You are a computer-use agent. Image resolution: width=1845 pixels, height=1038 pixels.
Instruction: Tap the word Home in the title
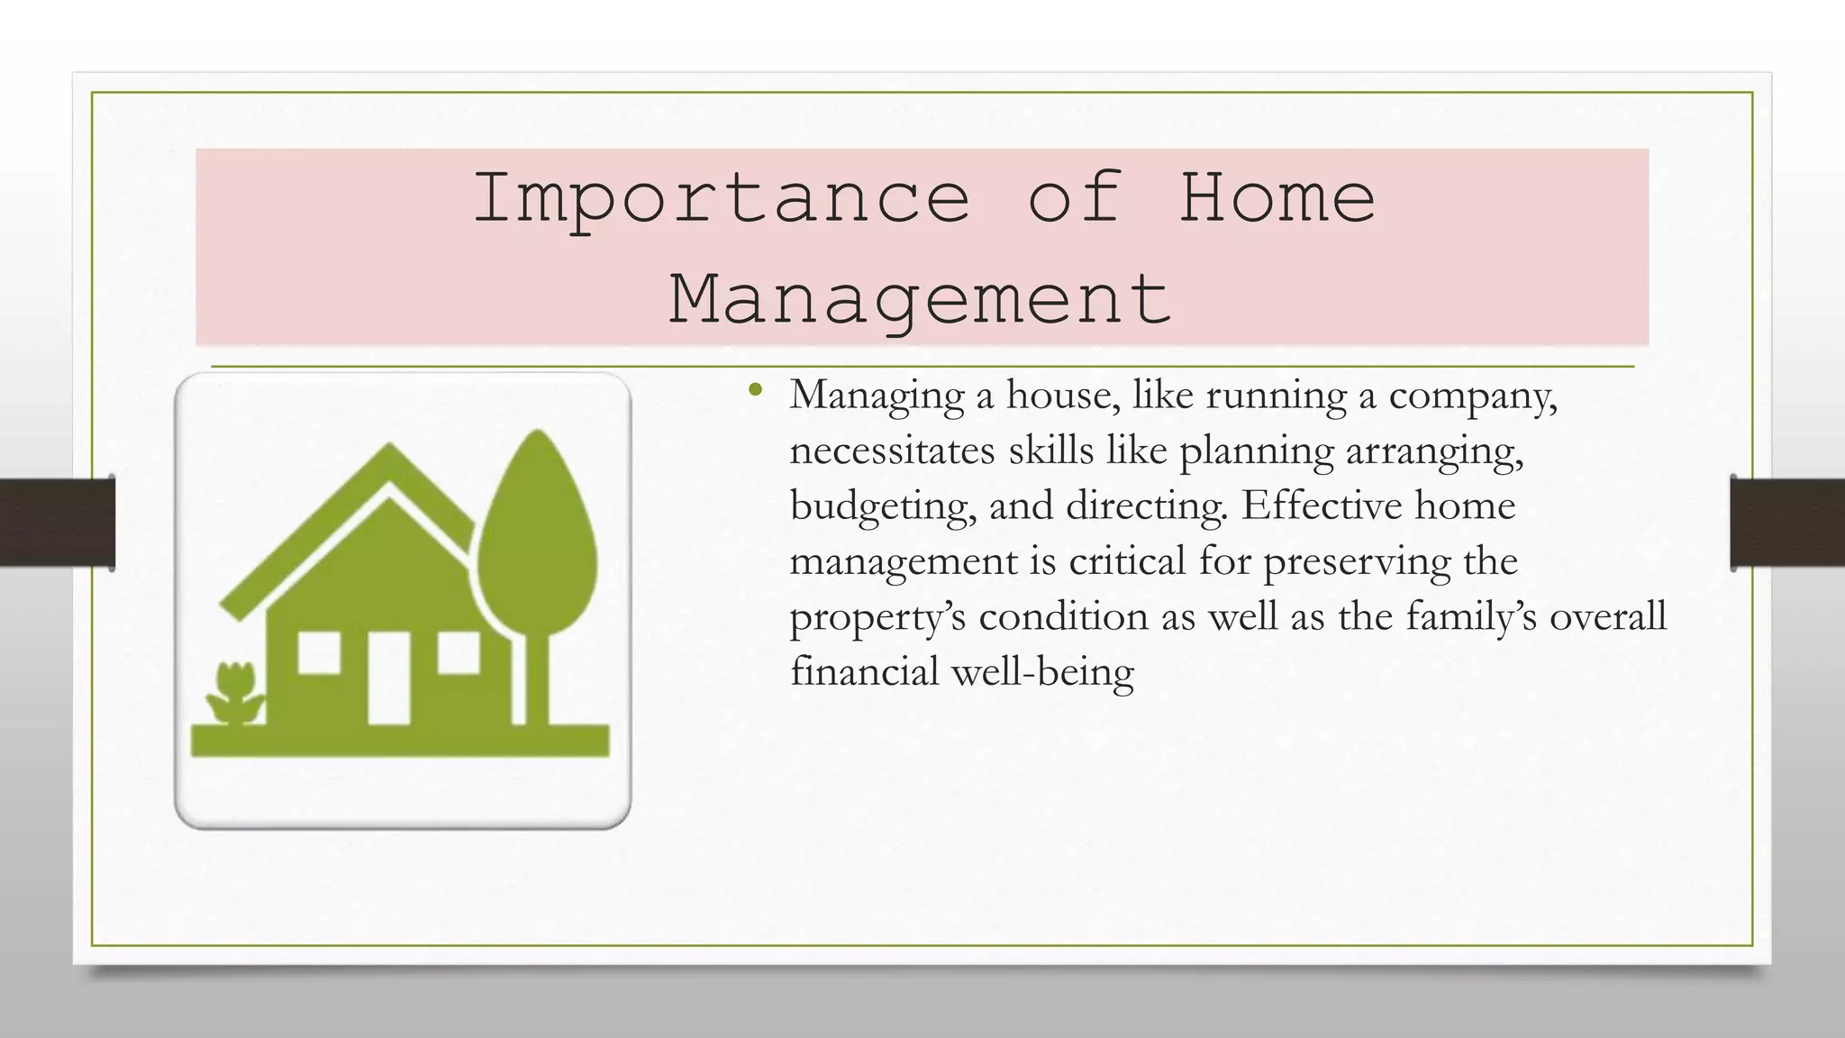point(1277,198)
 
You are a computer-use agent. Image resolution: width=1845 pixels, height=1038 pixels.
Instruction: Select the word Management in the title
point(920,300)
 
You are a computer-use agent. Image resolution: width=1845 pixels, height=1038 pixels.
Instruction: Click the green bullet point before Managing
point(755,391)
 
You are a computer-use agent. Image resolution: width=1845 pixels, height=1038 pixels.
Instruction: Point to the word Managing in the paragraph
point(877,396)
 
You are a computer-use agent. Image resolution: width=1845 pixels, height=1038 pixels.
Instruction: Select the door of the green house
point(388,677)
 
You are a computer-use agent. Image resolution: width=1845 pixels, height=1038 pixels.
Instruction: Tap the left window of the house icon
point(319,652)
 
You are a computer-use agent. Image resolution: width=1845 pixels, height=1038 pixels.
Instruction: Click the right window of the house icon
point(459,652)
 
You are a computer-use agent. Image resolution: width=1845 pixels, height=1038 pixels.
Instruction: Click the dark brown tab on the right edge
point(1787,523)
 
